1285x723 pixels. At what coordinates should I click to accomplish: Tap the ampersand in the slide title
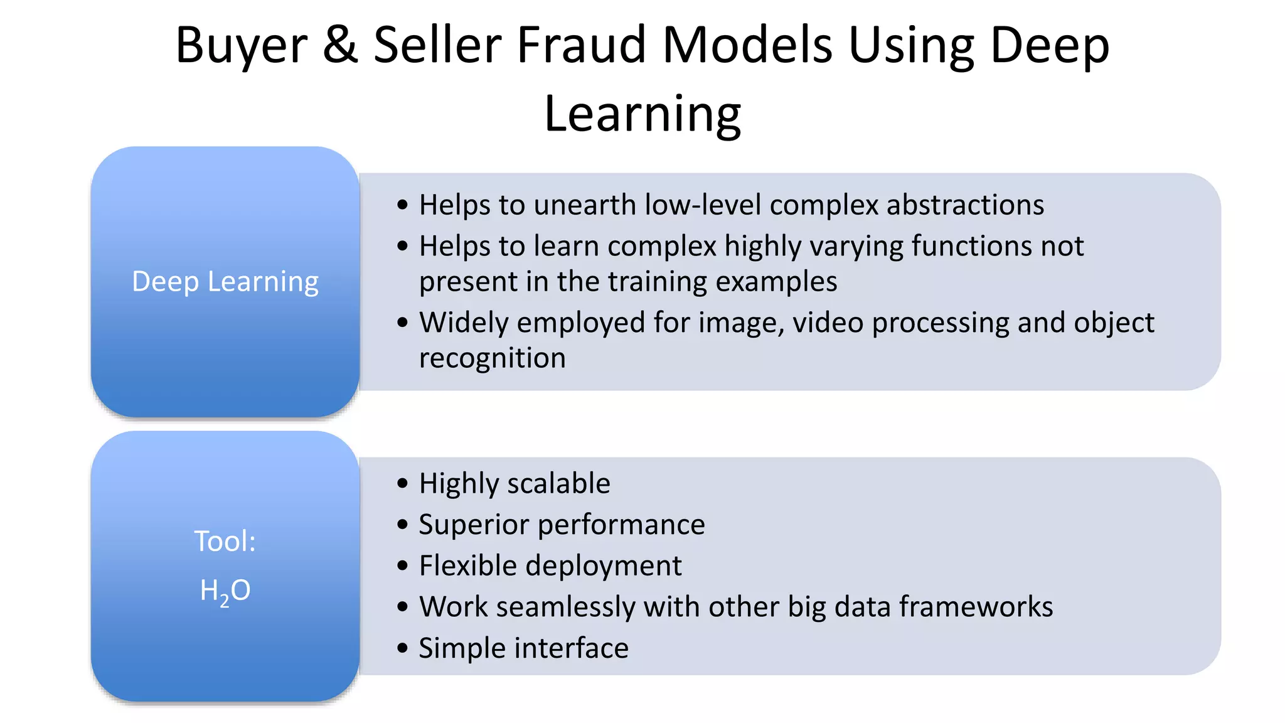click(x=340, y=45)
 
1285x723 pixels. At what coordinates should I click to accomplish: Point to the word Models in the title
click(x=747, y=45)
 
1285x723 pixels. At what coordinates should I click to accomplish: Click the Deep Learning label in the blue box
click(x=225, y=282)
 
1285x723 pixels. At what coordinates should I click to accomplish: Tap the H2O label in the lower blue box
click(x=225, y=591)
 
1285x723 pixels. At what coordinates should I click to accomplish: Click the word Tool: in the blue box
click(x=225, y=541)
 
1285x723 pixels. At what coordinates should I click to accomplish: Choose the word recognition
click(x=493, y=358)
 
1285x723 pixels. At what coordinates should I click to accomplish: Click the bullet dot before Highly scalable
click(x=403, y=483)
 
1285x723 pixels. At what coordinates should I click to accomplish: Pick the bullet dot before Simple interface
click(x=403, y=648)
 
